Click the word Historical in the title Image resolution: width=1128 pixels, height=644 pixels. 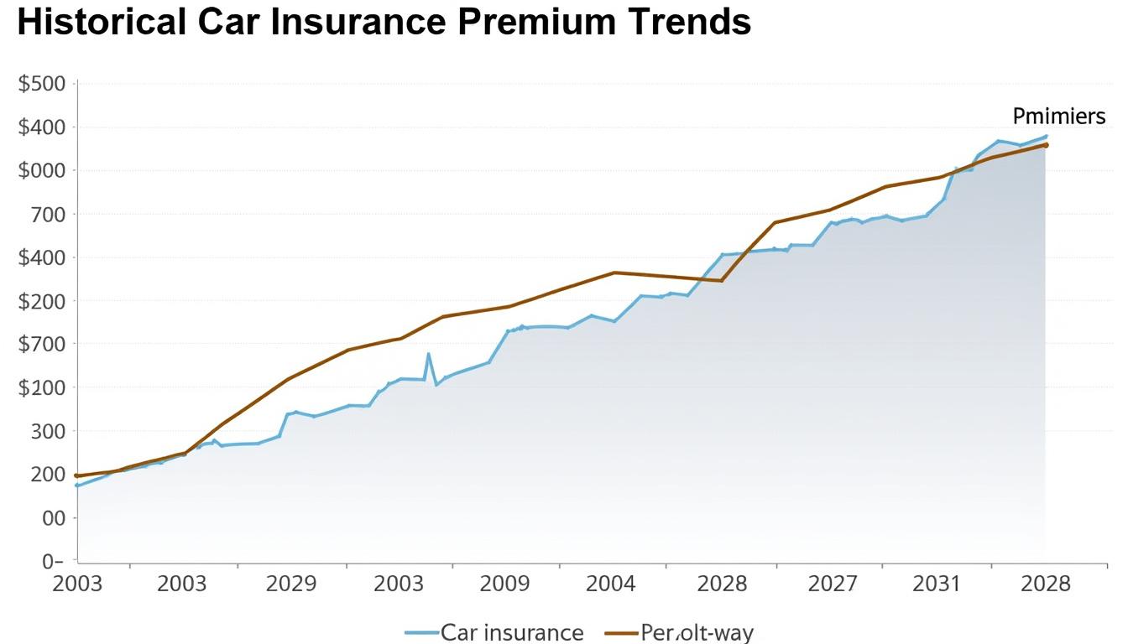(x=101, y=23)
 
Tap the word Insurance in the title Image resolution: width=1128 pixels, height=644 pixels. (x=357, y=23)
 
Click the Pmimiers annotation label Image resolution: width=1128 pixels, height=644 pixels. (x=1058, y=117)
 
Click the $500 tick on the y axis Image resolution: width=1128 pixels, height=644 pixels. (x=41, y=84)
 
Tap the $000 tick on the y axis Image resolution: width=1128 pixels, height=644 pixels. (x=41, y=171)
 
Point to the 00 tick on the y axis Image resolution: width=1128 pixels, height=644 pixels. (x=53, y=518)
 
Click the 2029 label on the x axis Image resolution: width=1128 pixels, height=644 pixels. (x=291, y=584)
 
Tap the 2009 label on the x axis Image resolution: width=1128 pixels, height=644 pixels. (x=504, y=584)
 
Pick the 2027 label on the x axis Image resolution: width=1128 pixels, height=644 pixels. (x=833, y=584)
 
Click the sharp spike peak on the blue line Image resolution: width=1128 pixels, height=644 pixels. (x=429, y=354)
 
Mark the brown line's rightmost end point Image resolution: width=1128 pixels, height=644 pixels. (x=1046, y=144)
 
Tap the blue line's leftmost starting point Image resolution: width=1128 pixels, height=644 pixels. (x=77, y=486)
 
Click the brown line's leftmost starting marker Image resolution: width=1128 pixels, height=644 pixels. (x=77, y=475)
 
